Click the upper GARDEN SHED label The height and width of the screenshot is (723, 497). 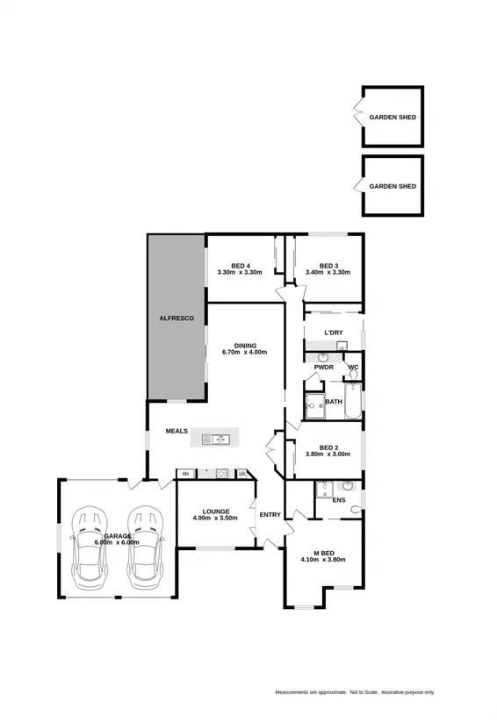[393, 117]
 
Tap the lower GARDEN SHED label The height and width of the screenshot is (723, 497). [393, 187]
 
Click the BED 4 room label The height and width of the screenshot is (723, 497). [241, 267]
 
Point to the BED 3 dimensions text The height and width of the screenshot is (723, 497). [328, 273]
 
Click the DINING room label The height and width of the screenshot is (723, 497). [245, 346]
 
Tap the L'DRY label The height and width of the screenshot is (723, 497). [333, 333]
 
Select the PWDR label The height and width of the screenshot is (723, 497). [323, 368]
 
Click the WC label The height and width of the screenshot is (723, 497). [353, 368]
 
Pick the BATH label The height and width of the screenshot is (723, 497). [334, 402]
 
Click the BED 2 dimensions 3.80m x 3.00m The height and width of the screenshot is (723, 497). [328, 455]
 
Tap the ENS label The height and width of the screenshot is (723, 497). [339, 500]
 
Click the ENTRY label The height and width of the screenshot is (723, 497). [270, 514]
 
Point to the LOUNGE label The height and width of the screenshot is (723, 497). [215, 512]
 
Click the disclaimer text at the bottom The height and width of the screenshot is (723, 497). [355, 692]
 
